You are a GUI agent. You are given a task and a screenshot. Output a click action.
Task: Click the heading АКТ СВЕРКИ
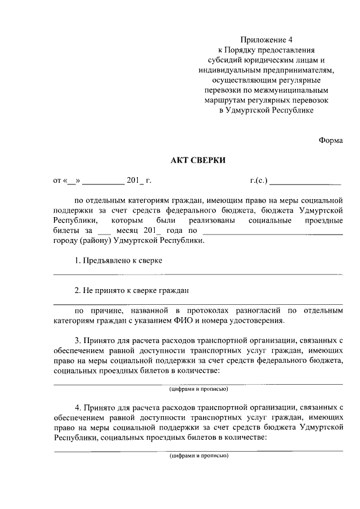pyautogui.click(x=198, y=160)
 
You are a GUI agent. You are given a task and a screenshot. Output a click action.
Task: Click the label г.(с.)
pyautogui.click(x=259, y=181)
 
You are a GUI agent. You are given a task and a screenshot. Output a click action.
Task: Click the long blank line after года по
pyautogui.click(x=272, y=231)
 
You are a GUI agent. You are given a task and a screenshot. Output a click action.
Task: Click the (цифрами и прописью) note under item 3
pyautogui.click(x=198, y=389)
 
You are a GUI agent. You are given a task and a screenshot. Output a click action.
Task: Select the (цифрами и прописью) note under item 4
pyautogui.click(x=198, y=456)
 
